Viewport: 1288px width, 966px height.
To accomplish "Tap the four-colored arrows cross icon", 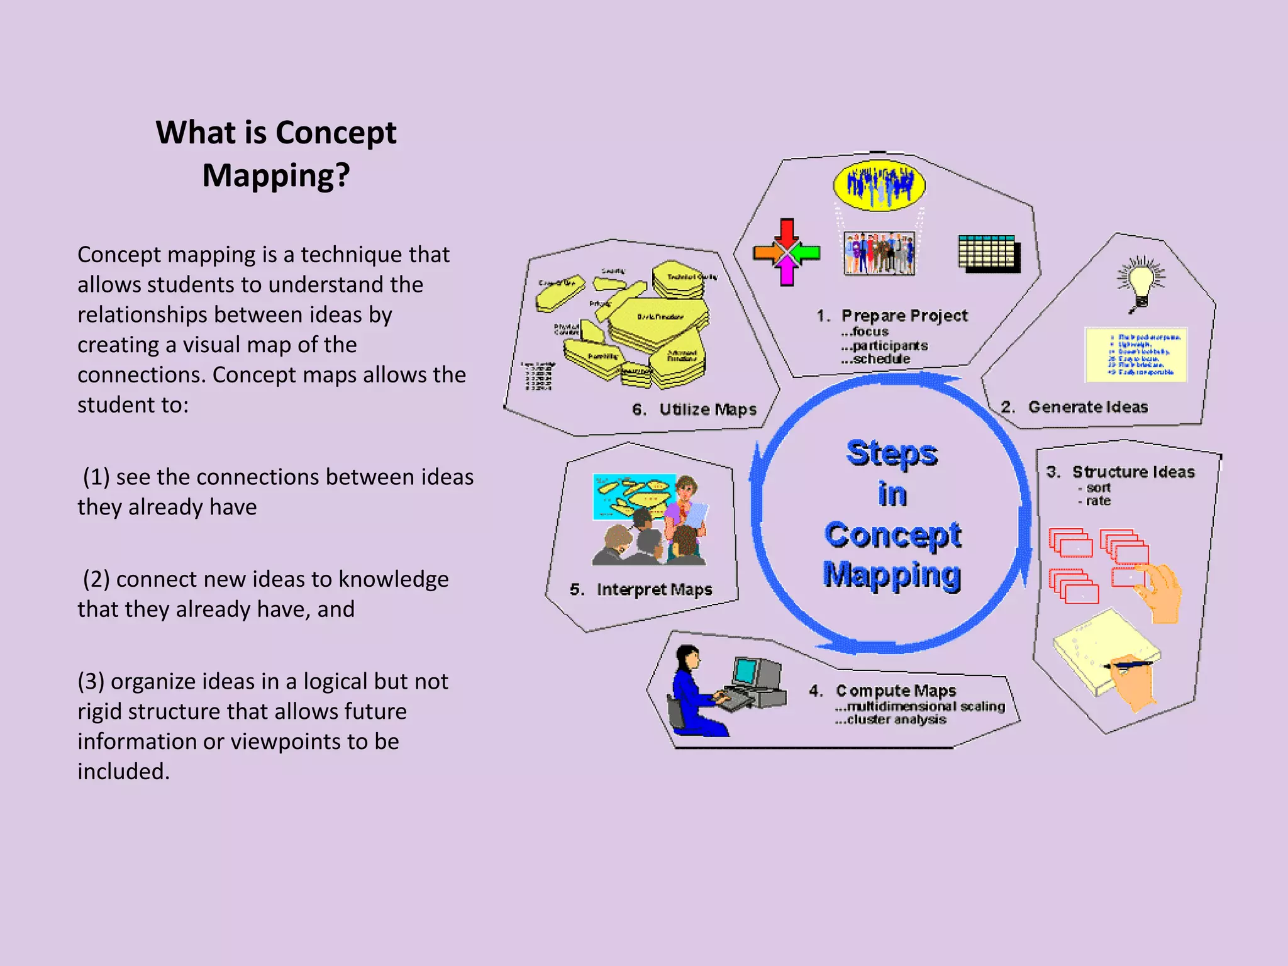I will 787,253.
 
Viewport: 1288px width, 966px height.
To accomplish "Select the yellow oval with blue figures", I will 879,185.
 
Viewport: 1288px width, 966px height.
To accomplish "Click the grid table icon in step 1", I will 989,253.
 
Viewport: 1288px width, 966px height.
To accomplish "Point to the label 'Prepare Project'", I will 904,315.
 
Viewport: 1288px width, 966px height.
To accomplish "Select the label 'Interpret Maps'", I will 654,589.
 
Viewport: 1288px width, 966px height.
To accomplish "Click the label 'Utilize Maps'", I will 708,409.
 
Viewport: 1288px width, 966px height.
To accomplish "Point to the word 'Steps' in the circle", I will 892,453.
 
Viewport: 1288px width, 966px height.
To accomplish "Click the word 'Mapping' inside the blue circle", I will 892,575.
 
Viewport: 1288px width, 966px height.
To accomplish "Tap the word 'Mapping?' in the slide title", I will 275,175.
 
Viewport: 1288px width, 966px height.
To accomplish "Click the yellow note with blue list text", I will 1136,355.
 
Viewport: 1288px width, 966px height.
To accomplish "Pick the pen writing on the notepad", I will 1130,663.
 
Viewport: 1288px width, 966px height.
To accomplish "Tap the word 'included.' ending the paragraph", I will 124,772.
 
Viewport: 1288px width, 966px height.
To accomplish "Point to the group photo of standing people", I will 879,253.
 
